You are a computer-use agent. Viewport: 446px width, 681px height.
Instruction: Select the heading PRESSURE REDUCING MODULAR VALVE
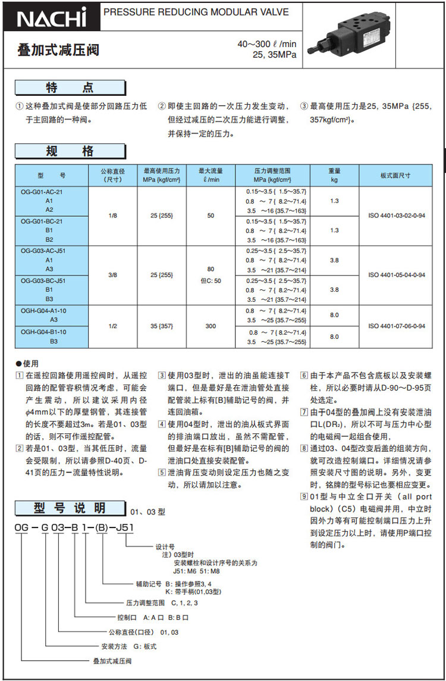pos(196,12)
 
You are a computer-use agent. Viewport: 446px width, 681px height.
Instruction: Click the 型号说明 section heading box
pos(70,508)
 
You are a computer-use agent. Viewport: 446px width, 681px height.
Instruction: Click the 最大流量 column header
pos(211,175)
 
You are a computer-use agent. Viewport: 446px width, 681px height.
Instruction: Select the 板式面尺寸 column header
pos(395,176)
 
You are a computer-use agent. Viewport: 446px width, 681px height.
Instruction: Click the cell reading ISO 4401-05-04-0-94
pos(396,275)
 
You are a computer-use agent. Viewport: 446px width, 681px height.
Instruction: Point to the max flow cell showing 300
pos(211,326)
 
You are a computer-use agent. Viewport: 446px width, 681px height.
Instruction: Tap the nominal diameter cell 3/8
pos(113,275)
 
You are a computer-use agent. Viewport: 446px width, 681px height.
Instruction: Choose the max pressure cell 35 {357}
pos(162,326)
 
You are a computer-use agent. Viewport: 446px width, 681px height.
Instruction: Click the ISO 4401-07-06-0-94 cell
pos(396,326)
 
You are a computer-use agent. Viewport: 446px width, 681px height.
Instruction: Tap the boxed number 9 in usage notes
pos(304,496)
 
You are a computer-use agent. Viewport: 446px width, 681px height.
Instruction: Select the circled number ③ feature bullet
pos(303,107)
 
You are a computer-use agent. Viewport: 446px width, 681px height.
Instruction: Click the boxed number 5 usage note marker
pos(161,473)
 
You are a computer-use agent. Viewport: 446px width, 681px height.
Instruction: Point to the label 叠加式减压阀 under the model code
pos(112,661)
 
